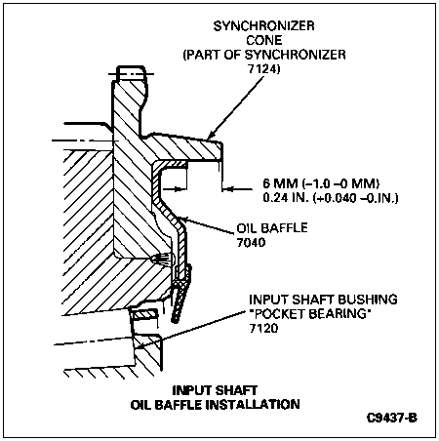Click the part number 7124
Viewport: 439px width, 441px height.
click(x=263, y=69)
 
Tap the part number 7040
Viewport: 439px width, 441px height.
click(x=251, y=242)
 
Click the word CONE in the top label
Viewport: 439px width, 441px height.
click(x=264, y=40)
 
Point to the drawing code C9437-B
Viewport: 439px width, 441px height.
click(x=392, y=418)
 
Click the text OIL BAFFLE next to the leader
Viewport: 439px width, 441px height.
click(x=272, y=227)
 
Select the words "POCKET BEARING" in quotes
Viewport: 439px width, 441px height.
click(x=310, y=314)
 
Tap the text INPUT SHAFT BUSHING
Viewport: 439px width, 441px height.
click(x=323, y=300)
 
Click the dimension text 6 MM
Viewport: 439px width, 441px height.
click(x=280, y=183)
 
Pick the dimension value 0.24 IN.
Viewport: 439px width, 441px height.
click(x=284, y=198)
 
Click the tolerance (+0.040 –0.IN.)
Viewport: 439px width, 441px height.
click(x=356, y=198)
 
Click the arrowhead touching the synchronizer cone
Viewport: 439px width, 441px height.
click(x=212, y=135)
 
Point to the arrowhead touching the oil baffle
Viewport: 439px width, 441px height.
click(x=183, y=220)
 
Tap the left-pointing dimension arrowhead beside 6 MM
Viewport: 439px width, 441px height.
click(x=228, y=188)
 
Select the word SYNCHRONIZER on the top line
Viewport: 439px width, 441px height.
click(x=264, y=26)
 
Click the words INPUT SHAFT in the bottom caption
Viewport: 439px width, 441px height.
click(x=215, y=390)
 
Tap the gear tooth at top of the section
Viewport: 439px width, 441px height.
click(x=131, y=73)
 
